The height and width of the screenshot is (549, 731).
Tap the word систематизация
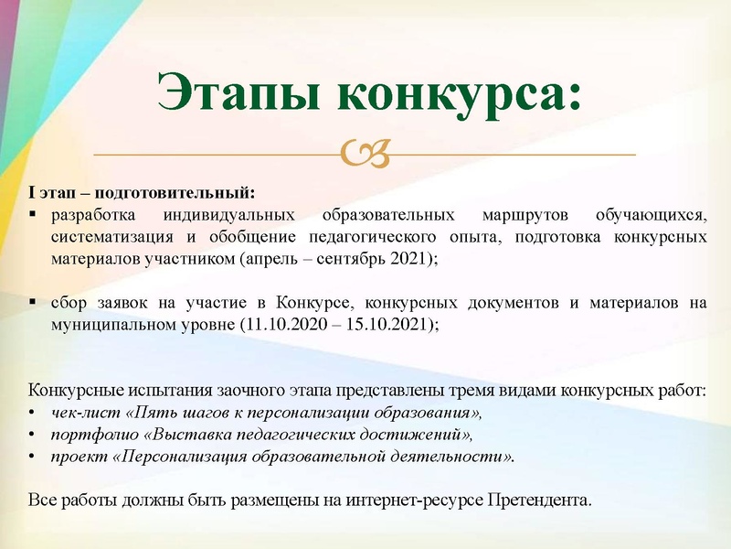[x=109, y=237]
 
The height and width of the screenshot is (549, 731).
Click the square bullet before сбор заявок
[x=33, y=302]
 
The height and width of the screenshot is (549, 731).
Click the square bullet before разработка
[x=33, y=216]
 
